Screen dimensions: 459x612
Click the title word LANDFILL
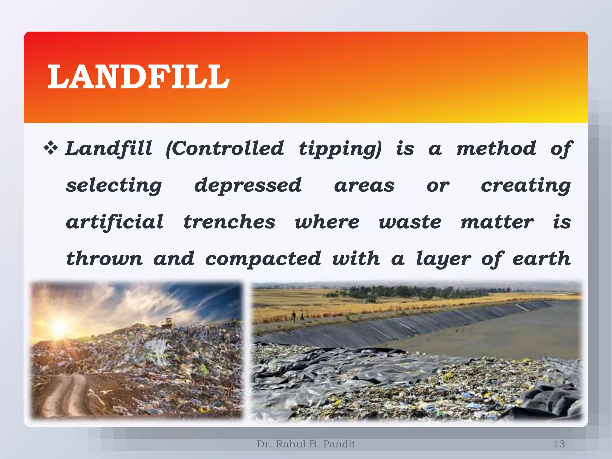(138, 77)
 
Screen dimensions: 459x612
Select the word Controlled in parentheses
(225, 149)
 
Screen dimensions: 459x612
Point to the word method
(496, 149)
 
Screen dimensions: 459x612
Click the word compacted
(263, 259)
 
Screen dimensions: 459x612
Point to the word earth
(541, 258)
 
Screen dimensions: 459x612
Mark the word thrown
(104, 258)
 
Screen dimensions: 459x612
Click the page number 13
(559, 444)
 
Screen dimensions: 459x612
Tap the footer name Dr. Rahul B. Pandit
(306, 444)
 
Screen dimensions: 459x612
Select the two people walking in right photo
(298, 315)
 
